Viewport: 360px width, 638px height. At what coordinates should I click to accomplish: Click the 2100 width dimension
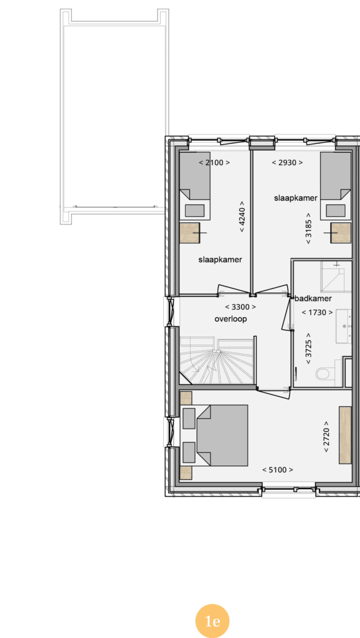pyautogui.click(x=214, y=163)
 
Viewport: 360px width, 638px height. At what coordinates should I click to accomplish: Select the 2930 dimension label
pyautogui.click(x=287, y=163)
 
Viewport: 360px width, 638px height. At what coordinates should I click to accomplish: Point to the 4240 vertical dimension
pyautogui.click(x=242, y=216)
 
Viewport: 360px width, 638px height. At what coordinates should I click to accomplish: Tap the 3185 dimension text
pyautogui.click(x=308, y=228)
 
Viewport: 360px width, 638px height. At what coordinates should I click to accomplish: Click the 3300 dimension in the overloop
pyautogui.click(x=240, y=307)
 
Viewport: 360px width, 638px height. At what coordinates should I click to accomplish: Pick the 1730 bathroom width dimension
pyautogui.click(x=317, y=313)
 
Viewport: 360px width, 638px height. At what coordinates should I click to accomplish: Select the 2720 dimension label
pyautogui.click(x=326, y=437)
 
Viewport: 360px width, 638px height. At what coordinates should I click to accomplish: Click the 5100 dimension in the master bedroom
pyautogui.click(x=277, y=470)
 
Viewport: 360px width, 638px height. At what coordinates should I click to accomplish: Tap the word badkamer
pyautogui.click(x=313, y=298)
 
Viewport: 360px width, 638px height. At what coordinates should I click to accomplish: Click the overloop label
pyautogui.click(x=230, y=319)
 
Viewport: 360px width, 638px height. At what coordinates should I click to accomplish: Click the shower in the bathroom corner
pyautogui.click(x=336, y=277)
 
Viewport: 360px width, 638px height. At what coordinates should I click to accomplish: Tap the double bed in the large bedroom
pyautogui.click(x=222, y=436)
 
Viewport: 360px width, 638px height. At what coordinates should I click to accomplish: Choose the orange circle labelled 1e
pyautogui.click(x=212, y=621)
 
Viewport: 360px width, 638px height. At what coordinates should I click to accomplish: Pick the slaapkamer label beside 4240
pyautogui.click(x=220, y=260)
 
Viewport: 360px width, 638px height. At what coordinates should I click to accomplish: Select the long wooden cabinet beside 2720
pyautogui.click(x=345, y=435)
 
